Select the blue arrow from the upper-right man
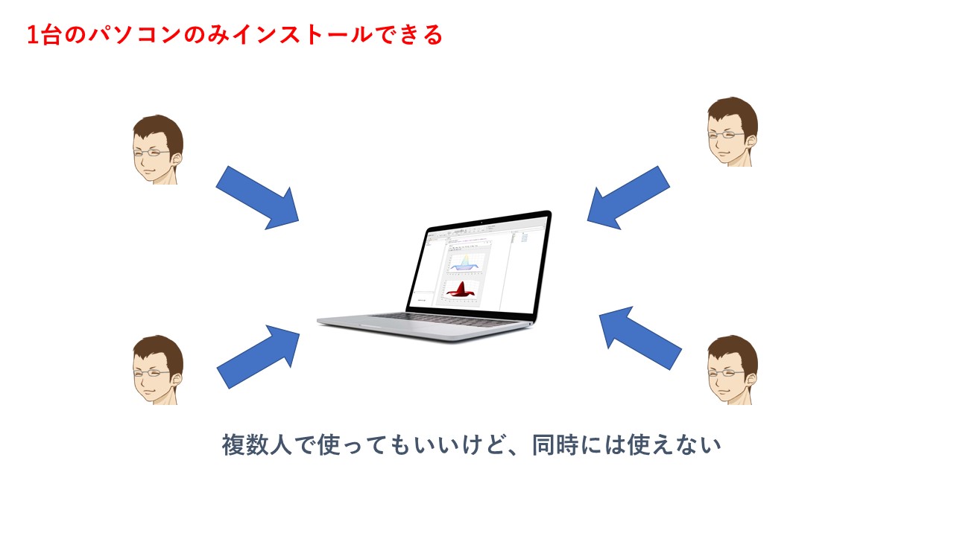[628, 197]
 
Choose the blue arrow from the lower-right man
[639, 339]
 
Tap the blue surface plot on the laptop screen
[465, 263]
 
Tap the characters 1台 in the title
[43, 35]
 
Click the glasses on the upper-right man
[724, 135]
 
